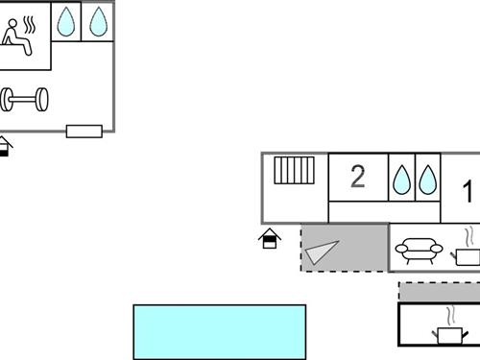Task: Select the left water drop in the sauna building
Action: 65,22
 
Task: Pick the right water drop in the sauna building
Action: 98,22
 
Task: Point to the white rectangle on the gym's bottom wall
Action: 84,131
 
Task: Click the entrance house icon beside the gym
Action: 5,147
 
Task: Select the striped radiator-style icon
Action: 295,171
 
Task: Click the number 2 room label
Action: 358,177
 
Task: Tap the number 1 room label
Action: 468,192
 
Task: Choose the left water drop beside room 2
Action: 401,179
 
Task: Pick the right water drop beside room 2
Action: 427,179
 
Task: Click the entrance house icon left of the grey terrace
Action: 271,238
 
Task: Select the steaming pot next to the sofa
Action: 466,249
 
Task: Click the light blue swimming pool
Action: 219,331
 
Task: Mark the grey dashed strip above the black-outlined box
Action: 440,291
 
